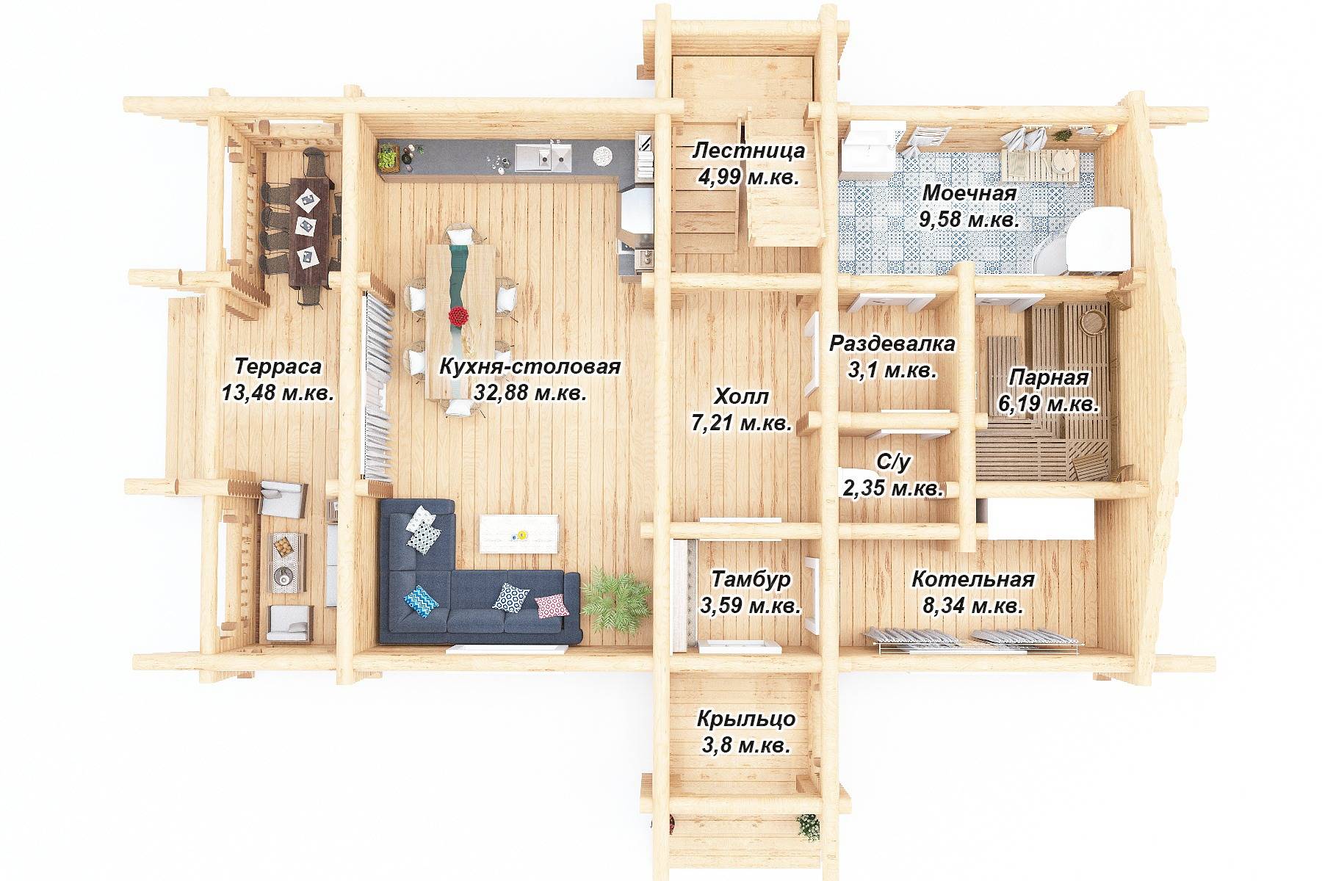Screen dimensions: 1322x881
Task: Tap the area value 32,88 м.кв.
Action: pos(530,393)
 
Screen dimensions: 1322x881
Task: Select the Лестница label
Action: pos(749,151)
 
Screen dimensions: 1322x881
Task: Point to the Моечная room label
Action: pos(969,194)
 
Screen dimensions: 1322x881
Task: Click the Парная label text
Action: pos(1048,377)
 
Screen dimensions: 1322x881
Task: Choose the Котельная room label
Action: pos(973,579)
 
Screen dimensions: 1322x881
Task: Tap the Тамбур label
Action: pos(751,579)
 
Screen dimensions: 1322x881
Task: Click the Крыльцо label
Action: pos(746,719)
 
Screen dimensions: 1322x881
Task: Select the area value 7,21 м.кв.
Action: pos(741,424)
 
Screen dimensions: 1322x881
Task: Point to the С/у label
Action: pos(895,461)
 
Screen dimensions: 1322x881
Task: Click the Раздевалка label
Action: pos(892,344)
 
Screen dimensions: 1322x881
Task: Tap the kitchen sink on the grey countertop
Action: pos(543,156)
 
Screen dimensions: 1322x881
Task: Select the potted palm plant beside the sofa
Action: pos(617,602)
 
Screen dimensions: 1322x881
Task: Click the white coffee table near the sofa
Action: pos(519,534)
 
